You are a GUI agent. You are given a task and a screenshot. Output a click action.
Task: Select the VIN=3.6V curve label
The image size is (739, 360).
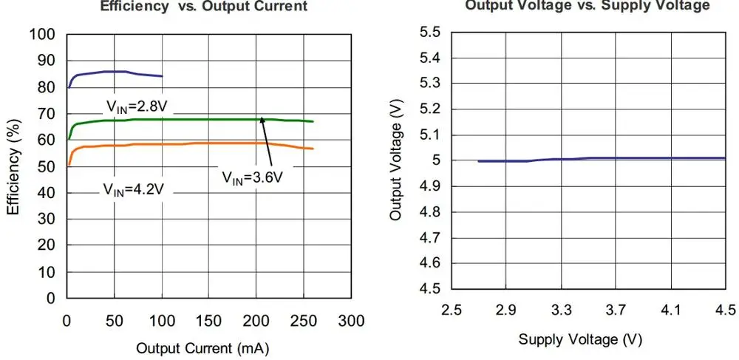253,177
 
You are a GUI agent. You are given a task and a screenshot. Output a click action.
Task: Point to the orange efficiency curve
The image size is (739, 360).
185,143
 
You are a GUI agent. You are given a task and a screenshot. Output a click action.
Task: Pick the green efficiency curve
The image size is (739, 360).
185,119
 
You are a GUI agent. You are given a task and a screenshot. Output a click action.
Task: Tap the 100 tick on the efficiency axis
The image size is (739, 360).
42,35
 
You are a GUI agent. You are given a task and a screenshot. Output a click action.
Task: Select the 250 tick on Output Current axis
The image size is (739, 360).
304,321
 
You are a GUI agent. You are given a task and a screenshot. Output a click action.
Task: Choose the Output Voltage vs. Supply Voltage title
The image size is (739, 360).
588,6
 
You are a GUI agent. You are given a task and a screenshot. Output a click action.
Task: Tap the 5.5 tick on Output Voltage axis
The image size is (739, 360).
429,33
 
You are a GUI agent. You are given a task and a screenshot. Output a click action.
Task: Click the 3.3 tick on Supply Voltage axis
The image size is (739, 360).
562,309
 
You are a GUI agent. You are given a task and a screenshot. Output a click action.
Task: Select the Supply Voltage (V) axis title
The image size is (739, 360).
580,339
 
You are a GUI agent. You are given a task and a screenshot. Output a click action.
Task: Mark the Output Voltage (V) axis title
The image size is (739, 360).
396,160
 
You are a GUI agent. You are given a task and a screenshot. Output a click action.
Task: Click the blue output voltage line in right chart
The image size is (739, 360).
591,158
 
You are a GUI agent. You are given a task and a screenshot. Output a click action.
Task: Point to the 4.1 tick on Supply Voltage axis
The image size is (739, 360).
670,309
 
